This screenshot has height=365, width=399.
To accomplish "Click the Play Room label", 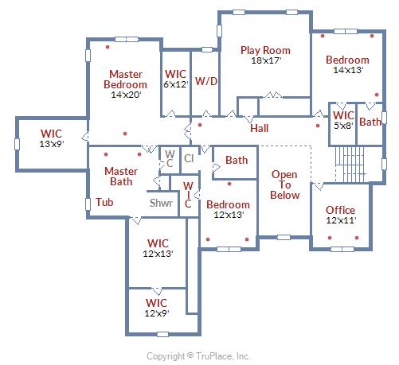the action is click(x=265, y=51).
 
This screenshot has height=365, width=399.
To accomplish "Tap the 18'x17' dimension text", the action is click(x=266, y=60).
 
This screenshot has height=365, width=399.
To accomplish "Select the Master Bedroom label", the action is click(x=125, y=80).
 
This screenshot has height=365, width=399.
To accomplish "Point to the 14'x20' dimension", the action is click(x=126, y=95).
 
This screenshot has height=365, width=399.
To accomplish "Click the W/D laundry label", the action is click(x=206, y=81).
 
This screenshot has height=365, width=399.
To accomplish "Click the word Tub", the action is click(x=104, y=202).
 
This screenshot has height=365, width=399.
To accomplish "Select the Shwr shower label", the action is click(x=161, y=204).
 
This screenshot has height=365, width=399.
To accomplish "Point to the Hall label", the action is click(x=259, y=129).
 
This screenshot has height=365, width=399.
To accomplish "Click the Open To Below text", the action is click(x=284, y=184).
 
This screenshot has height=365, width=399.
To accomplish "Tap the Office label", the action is click(x=340, y=210).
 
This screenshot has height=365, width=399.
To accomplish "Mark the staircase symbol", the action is click(x=350, y=165).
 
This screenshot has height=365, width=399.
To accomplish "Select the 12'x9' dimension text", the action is click(x=157, y=313).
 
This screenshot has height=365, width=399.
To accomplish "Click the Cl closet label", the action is click(x=189, y=159).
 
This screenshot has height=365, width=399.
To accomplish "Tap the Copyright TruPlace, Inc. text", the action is click(x=198, y=356).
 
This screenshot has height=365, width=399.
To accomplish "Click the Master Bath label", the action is click(x=121, y=177).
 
